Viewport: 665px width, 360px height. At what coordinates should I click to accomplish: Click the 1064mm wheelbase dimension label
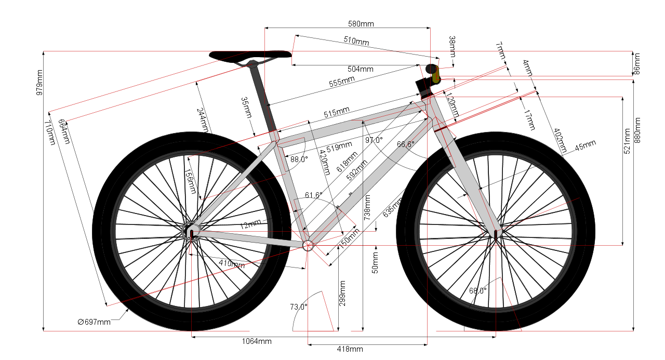(x=257, y=341)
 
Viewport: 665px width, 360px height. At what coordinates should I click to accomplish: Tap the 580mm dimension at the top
(x=361, y=24)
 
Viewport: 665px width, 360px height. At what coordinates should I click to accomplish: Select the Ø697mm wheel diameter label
(x=94, y=322)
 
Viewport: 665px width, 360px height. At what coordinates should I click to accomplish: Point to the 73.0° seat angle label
(x=298, y=306)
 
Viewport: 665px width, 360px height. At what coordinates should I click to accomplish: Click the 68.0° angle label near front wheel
(x=477, y=291)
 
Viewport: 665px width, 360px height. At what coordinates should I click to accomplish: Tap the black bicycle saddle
(x=250, y=55)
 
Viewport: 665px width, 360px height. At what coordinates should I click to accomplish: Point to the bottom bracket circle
(x=308, y=245)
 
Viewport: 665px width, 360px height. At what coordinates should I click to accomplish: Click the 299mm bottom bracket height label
(x=342, y=294)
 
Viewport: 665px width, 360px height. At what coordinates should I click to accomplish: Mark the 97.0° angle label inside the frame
(x=374, y=140)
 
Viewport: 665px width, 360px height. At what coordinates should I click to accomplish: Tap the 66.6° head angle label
(x=405, y=144)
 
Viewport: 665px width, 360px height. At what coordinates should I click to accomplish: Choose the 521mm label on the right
(x=627, y=141)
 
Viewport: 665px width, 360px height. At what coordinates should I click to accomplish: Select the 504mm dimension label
(x=361, y=69)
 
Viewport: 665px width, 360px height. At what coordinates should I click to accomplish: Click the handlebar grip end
(x=431, y=69)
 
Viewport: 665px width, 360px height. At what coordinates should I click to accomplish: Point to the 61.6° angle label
(x=313, y=195)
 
